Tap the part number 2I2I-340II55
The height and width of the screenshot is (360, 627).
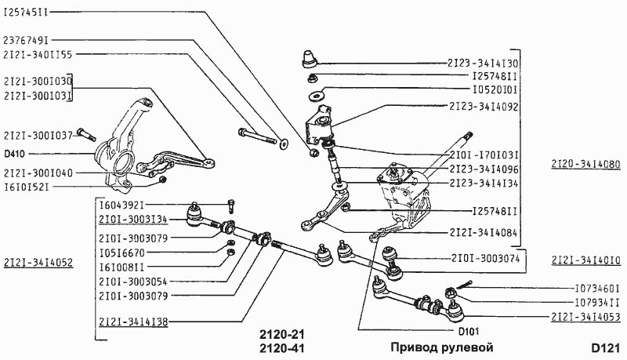click(38, 55)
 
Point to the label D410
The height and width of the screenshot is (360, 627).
click(14, 154)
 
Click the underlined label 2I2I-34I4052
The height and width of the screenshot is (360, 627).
click(38, 262)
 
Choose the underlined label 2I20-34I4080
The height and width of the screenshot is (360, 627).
click(585, 165)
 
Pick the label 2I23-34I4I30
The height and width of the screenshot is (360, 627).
click(484, 62)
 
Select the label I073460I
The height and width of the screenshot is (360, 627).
click(592, 288)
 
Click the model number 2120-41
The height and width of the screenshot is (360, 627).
click(281, 347)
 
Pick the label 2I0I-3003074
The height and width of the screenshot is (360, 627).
click(484, 257)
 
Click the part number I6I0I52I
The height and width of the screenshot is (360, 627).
click(27, 187)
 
